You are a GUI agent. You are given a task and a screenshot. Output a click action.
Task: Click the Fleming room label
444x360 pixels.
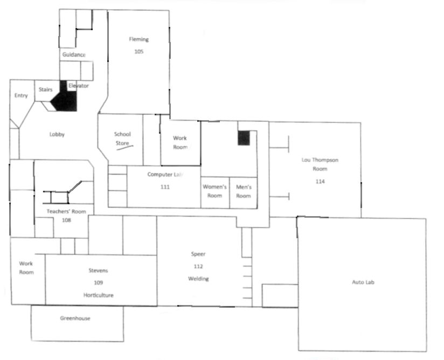tap(139, 39)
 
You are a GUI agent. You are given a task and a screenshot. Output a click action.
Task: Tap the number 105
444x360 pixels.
tap(139, 51)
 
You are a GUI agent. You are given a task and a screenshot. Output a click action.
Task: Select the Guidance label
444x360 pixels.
tap(74, 54)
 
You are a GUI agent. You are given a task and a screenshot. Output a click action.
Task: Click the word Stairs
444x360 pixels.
tap(46, 89)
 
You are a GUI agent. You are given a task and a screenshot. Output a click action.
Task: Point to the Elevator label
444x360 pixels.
tap(79, 86)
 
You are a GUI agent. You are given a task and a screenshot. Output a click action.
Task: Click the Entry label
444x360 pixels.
tap(21, 96)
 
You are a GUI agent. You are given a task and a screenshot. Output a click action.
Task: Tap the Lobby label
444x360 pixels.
tap(57, 134)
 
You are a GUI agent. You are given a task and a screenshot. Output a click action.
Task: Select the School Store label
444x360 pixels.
tap(123, 139)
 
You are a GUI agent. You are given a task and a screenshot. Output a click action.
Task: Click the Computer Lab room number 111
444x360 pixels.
tap(165, 186)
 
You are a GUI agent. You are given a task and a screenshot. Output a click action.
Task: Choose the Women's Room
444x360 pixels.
tap(214, 191)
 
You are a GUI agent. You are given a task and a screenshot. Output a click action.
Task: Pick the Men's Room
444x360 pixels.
tap(244, 191)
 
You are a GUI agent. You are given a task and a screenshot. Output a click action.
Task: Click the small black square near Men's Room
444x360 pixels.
tap(244, 138)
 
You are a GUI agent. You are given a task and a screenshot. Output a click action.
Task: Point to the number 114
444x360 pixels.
tap(320, 181)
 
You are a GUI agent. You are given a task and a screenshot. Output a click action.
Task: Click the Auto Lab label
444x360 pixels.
tap(363, 282)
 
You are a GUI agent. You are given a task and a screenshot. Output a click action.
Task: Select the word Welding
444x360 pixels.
tap(198, 279)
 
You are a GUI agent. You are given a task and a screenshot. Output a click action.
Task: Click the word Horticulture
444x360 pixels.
tap(98, 295)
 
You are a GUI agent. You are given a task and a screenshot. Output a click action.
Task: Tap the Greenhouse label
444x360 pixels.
tap(75, 318)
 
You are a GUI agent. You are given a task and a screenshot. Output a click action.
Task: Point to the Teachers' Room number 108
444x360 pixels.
tap(66, 220)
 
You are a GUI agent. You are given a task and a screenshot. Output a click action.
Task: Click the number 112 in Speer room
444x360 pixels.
tap(198, 266)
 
